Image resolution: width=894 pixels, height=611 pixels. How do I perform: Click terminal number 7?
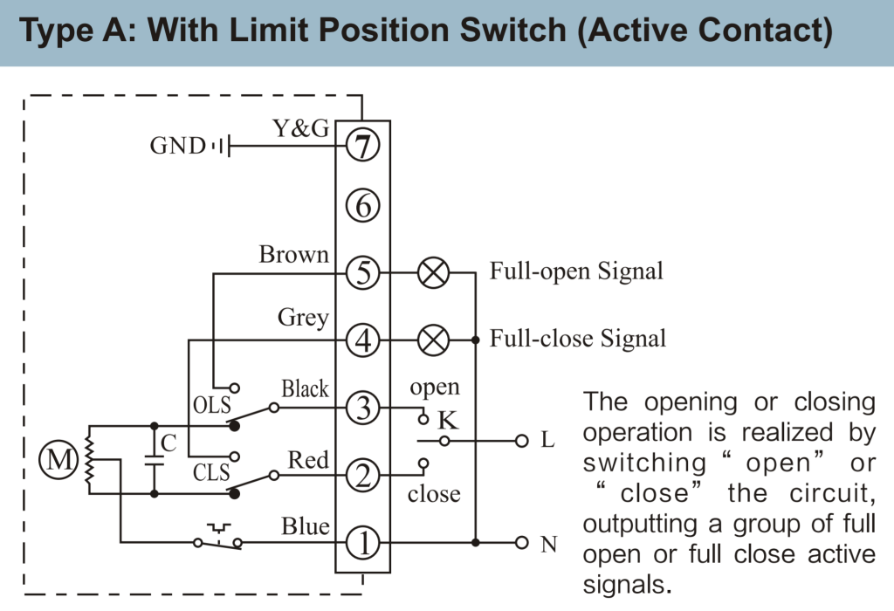[362, 145]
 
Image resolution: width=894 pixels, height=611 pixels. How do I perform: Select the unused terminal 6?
[362, 206]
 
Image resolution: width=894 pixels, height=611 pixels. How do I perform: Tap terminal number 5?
[362, 273]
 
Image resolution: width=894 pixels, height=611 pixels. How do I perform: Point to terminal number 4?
[362, 339]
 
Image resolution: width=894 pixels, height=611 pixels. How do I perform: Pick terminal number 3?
[362, 407]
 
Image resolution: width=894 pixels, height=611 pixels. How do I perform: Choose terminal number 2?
[362, 476]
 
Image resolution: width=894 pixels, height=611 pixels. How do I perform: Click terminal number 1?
[362, 543]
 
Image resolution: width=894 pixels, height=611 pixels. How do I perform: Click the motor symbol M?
[60, 460]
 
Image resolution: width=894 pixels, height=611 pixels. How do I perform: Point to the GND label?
[177, 146]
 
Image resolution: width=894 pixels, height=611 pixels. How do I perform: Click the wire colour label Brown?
[294, 255]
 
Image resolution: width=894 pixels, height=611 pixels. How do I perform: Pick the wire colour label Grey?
[303, 318]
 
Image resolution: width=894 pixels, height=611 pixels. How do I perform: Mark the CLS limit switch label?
[210, 473]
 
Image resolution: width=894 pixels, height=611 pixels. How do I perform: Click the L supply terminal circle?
[522, 441]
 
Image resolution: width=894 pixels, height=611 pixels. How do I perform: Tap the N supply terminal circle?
[522, 543]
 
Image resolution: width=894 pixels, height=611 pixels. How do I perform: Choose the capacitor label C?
[169, 443]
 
